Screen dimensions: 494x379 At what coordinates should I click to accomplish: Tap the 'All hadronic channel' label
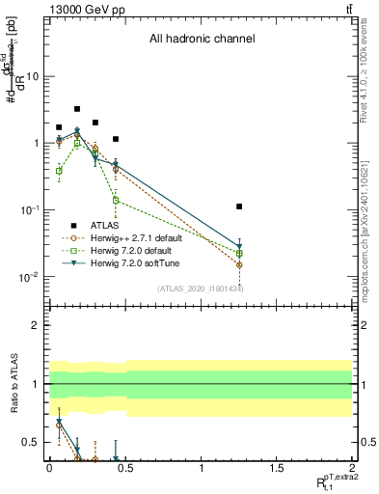(x=201, y=40)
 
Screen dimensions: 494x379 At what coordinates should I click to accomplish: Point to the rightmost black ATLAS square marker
(x=239, y=206)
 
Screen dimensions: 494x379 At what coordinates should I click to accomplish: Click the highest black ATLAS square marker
(x=77, y=109)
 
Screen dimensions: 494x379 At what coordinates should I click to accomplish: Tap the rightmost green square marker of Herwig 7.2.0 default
(x=239, y=254)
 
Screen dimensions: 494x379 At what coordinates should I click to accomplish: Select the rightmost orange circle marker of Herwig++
(x=239, y=264)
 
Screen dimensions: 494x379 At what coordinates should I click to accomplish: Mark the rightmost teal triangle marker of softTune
(x=239, y=246)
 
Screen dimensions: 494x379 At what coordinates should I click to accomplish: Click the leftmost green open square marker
(x=59, y=171)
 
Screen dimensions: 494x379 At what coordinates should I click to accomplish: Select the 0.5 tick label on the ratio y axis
(x=31, y=443)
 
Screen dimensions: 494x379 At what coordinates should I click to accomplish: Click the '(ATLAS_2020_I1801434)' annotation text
(x=201, y=288)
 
